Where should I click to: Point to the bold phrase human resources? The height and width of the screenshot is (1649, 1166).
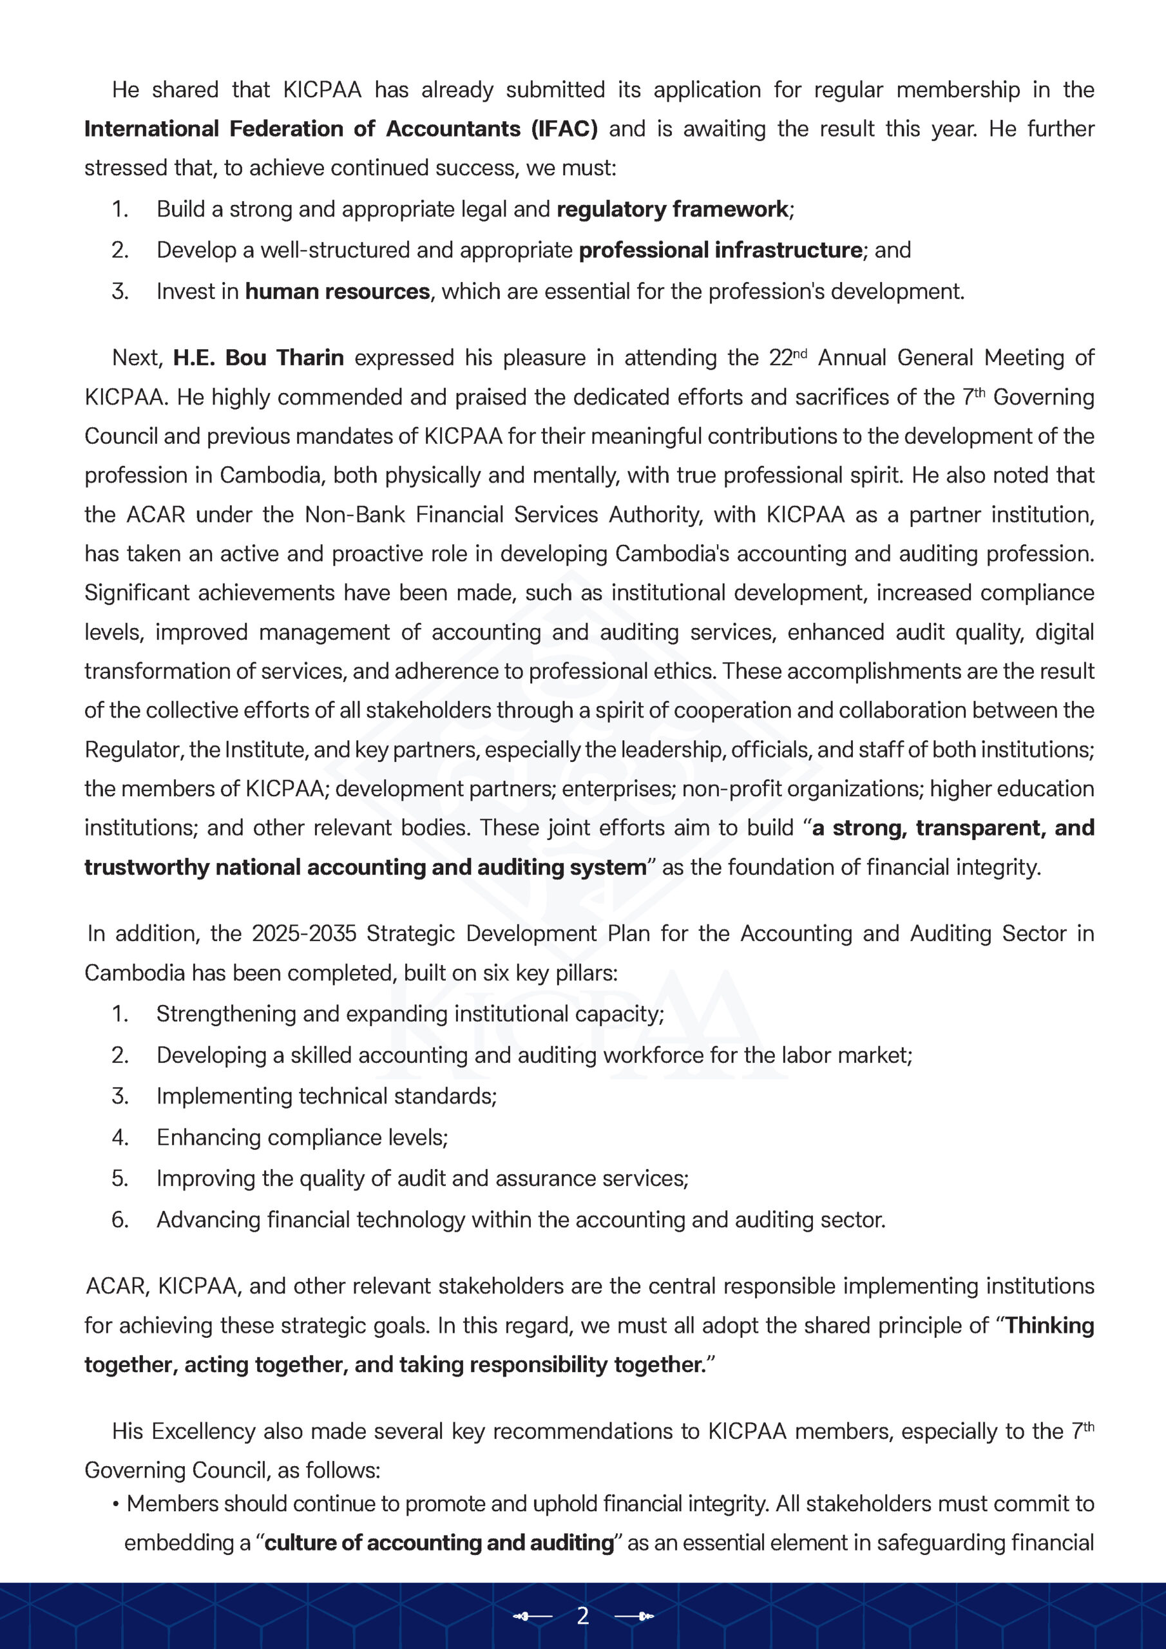point(337,292)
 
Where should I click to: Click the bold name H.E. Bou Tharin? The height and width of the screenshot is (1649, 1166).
point(258,357)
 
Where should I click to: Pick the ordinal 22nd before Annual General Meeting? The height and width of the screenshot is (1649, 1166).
point(787,357)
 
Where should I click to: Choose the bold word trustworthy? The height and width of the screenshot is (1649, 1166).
point(147,868)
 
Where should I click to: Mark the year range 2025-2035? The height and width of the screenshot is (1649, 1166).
point(303,933)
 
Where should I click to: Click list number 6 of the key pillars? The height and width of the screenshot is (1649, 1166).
point(119,1219)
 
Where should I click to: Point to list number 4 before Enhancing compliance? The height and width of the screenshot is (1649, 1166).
point(119,1138)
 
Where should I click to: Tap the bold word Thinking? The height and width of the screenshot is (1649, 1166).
point(1049,1326)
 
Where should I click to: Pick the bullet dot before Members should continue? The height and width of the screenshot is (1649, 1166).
point(115,1504)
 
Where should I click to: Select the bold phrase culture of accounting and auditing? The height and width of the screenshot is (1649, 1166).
point(439,1543)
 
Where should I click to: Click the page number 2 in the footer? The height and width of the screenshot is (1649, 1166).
point(582,1616)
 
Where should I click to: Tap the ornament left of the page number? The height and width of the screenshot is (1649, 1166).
point(532,1617)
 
